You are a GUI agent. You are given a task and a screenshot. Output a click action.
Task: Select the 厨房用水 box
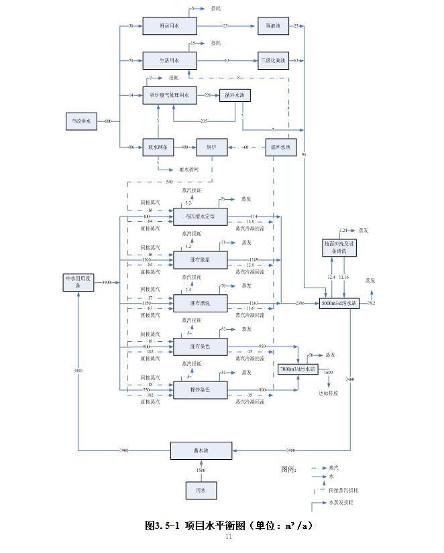170,26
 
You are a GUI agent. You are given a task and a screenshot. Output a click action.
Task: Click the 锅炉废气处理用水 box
170,95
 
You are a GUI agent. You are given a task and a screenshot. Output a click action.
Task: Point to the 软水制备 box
158,147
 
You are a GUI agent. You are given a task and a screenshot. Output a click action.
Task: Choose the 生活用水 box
170,60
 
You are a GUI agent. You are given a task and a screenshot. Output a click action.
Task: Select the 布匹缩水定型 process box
200,216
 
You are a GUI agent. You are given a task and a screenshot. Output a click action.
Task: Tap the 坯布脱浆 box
200,259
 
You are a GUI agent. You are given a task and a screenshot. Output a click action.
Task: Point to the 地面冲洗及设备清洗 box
343,246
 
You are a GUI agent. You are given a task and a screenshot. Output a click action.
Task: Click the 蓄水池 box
201,450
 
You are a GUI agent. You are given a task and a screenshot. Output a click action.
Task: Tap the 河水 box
201,491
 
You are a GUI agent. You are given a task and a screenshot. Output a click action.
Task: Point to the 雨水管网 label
189,169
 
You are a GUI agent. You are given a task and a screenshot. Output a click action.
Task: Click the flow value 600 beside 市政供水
108,121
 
